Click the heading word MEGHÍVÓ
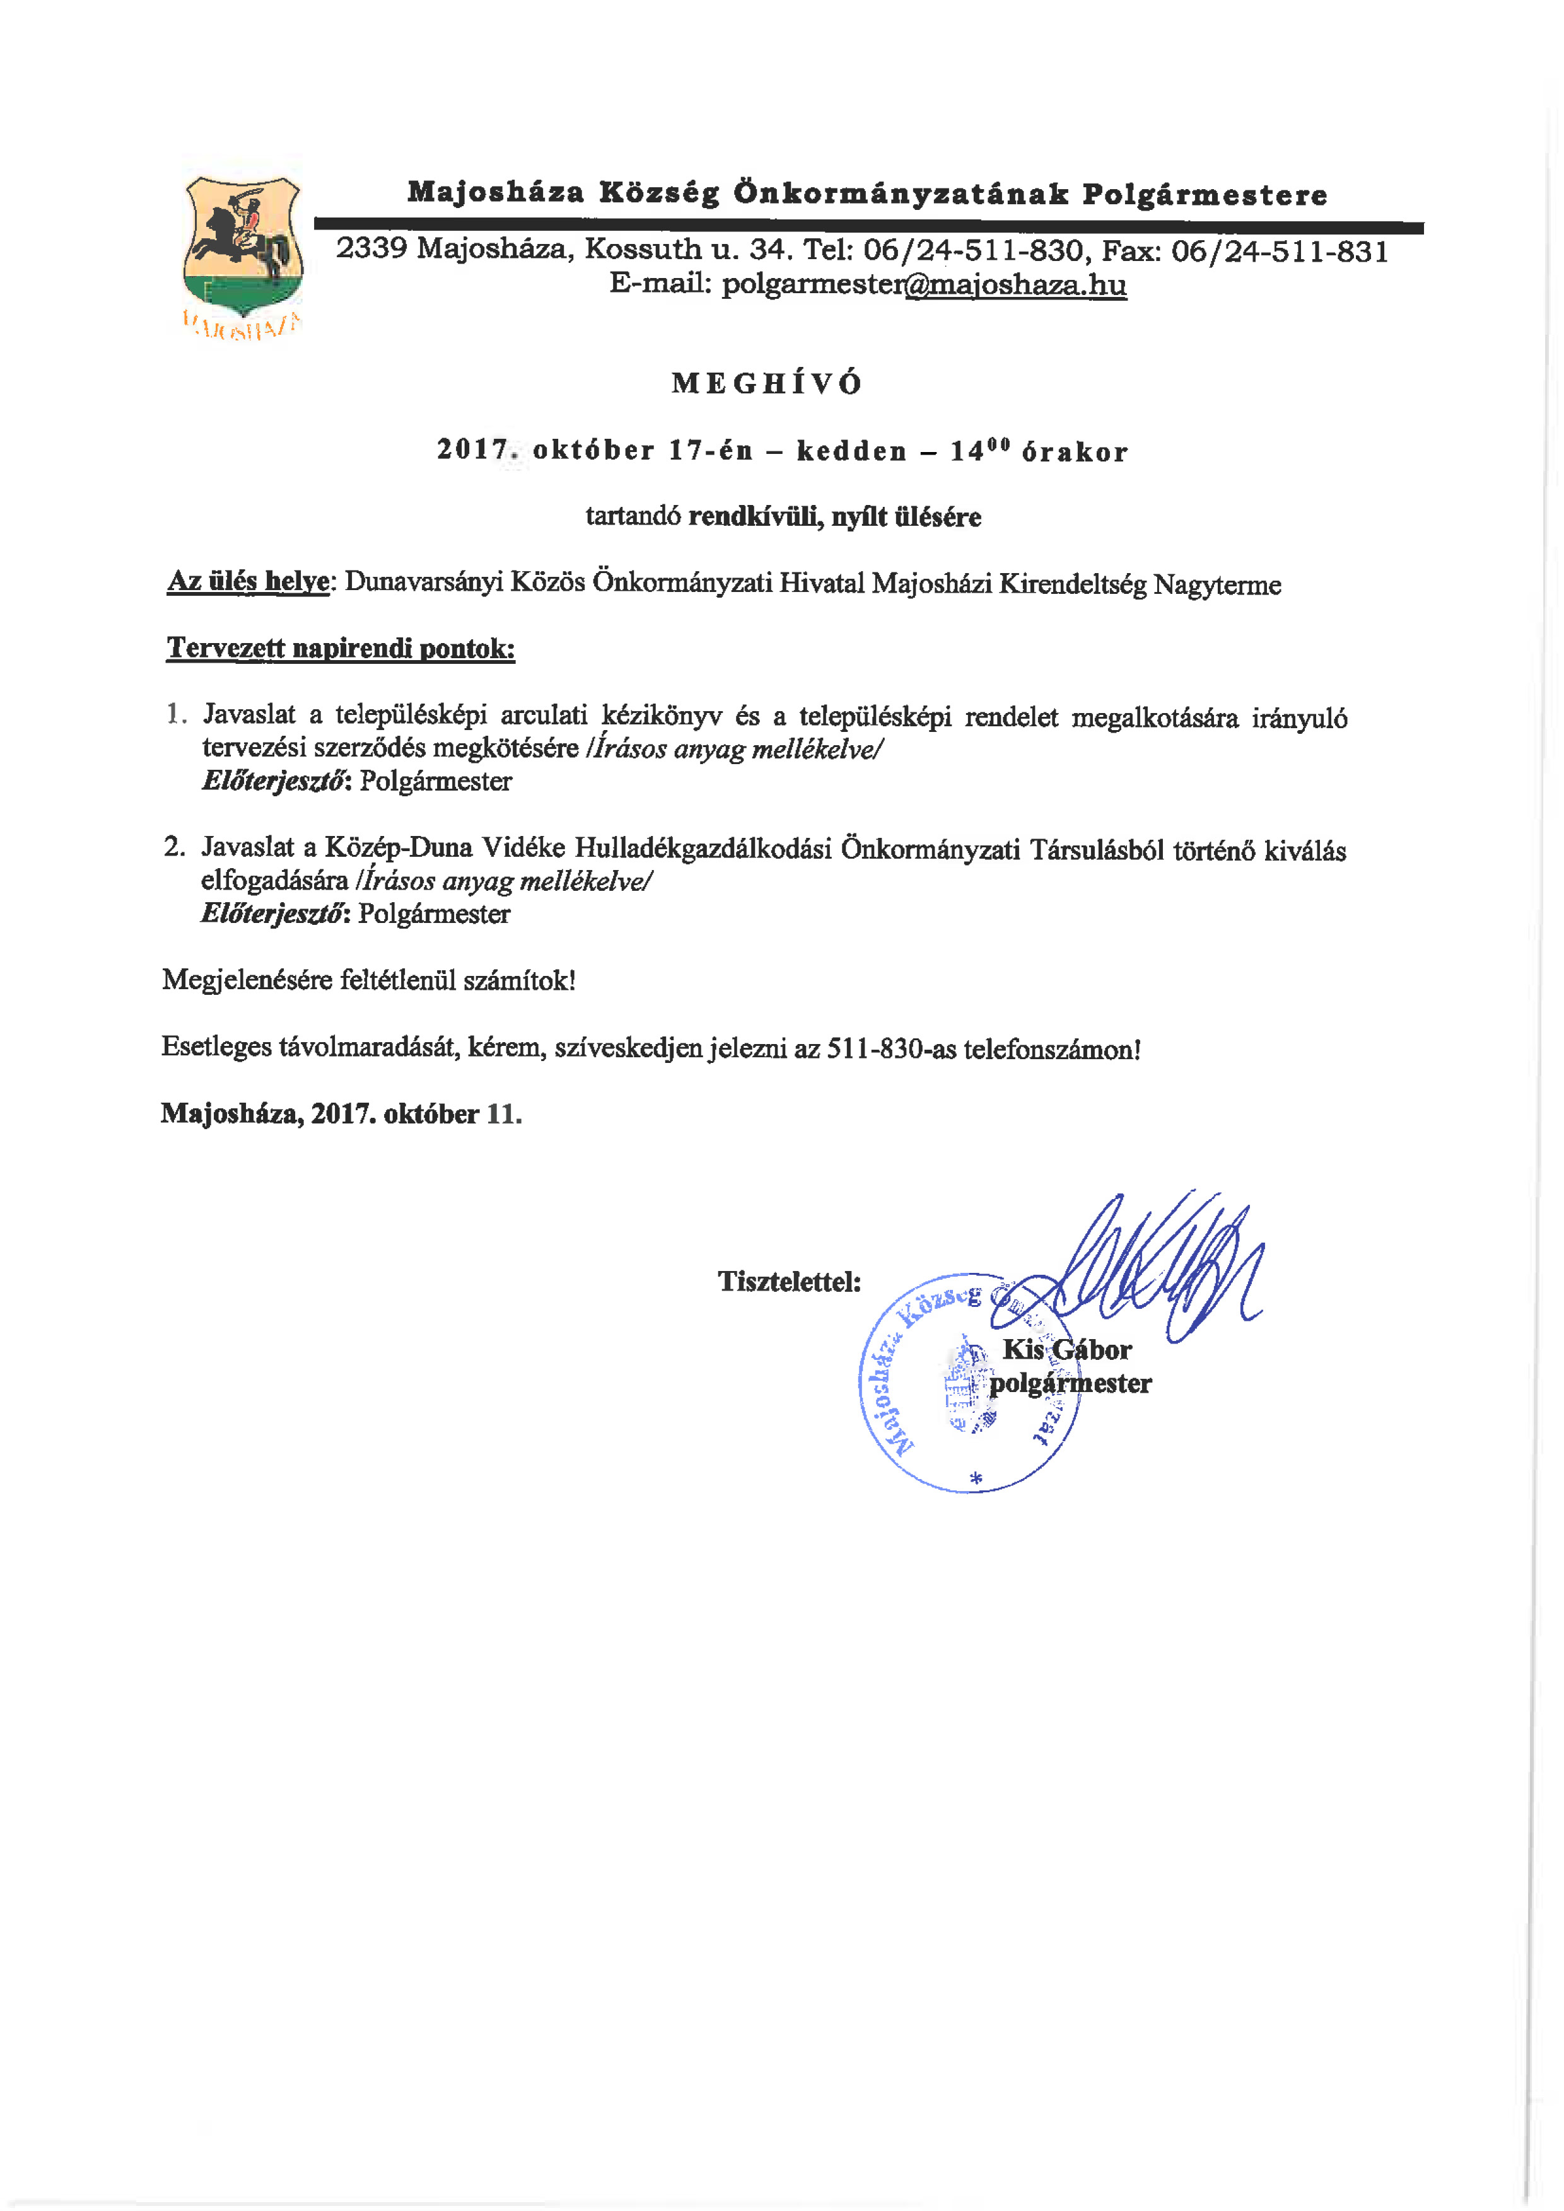click(767, 383)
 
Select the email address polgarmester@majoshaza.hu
click(868, 284)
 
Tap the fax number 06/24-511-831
click(1280, 252)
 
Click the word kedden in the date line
click(851, 451)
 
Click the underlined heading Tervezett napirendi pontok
click(341, 648)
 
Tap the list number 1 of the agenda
click(174, 714)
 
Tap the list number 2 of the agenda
click(174, 847)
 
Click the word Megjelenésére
click(247, 980)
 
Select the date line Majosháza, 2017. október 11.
click(341, 1114)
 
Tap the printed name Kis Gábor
click(1066, 1350)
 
